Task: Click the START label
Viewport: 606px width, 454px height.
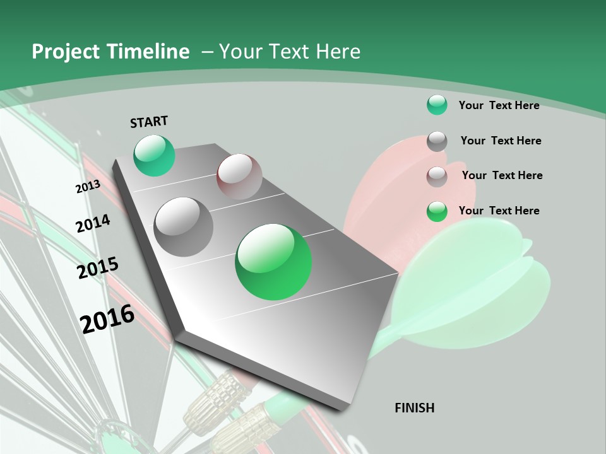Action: click(149, 122)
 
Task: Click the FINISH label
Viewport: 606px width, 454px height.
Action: click(415, 408)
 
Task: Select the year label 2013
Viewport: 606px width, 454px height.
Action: click(88, 187)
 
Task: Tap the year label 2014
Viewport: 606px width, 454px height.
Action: click(93, 223)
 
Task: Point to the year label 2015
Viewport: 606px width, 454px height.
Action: click(98, 268)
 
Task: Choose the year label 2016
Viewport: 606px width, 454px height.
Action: click(108, 318)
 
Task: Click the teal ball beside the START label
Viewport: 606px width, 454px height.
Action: click(154, 155)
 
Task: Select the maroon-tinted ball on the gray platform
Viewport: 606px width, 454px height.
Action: click(239, 177)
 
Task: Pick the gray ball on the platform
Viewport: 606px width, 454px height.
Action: click(184, 226)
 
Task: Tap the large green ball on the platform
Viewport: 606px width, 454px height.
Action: click(273, 262)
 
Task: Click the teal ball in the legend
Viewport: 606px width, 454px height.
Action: click(437, 105)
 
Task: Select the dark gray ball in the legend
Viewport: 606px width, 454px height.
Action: click(437, 141)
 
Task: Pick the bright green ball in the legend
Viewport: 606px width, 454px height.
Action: click(437, 211)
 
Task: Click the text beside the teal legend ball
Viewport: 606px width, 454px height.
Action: click(499, 105)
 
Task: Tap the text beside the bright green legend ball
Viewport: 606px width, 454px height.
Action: click(499, 211)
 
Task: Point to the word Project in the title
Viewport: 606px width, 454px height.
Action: click(65, 52)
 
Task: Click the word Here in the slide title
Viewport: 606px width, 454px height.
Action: click(338, 52)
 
